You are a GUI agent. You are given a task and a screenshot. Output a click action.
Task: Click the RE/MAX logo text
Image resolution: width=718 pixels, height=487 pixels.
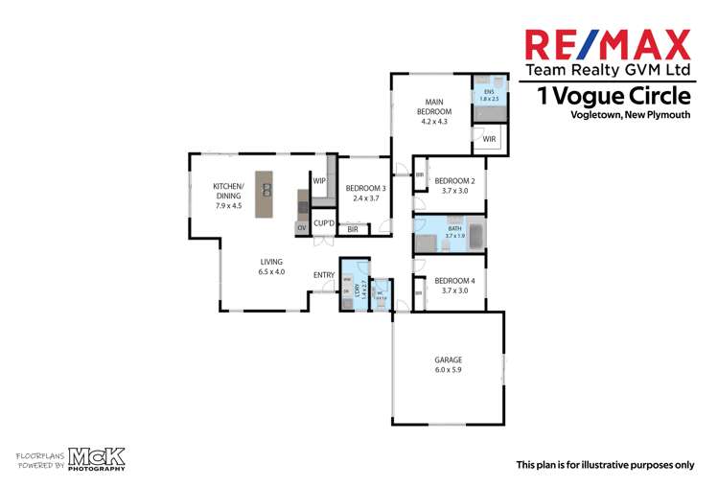(607, 44)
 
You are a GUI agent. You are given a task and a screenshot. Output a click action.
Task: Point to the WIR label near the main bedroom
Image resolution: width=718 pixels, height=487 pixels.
(489, 139)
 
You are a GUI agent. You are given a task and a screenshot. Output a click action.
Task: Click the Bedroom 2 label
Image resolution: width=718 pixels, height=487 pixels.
(454, 185)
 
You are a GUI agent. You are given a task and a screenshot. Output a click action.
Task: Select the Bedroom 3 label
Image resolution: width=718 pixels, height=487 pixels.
(364, 193)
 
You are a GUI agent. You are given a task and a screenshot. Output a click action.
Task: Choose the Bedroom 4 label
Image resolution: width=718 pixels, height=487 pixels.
(454, 285)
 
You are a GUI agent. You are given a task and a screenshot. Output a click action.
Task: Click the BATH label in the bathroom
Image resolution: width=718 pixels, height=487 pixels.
(454, 231)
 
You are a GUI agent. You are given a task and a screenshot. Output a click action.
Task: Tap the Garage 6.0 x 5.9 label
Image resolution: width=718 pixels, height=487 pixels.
(449, 366)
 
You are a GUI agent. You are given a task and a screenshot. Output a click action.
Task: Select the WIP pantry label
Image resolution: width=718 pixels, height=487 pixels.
(319, 180)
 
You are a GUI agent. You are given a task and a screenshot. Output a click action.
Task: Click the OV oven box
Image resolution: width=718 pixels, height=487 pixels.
(301, 227)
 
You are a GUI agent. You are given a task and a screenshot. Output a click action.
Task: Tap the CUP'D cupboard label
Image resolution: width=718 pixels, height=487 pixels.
(324, 224)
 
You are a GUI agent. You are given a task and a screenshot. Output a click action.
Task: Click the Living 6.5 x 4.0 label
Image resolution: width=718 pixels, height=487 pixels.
(271, 267)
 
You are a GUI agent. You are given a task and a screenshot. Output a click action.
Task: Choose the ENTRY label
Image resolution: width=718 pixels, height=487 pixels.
(324, 276)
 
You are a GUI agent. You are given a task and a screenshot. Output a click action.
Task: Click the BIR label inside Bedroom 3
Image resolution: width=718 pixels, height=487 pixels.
(353, 230)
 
